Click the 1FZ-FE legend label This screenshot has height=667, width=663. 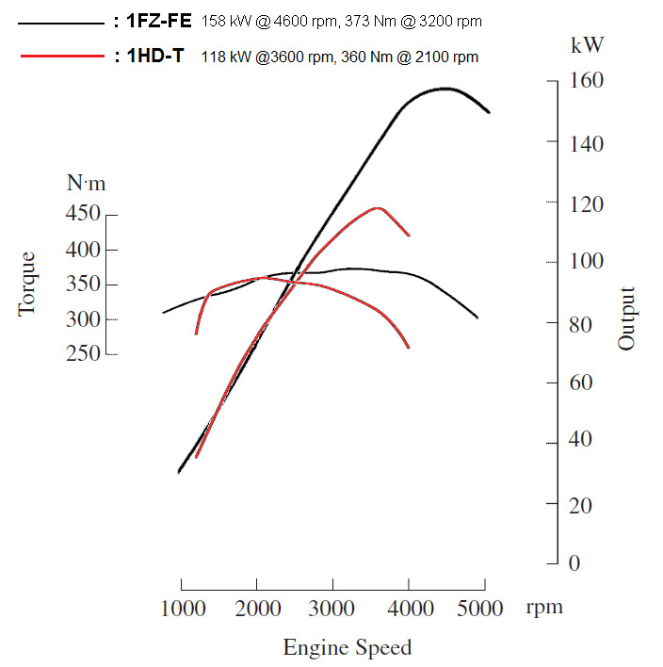click(159, 21)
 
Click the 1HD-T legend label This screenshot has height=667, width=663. click(155, 57)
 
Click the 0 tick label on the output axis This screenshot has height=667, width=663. click(574, 562)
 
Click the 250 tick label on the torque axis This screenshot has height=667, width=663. click(84, 353)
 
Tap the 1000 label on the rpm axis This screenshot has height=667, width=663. click(180, 608)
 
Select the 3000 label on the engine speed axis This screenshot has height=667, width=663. click(331, 608)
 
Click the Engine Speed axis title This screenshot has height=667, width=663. click(347, 648)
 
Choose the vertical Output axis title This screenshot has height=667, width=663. click(626, 318)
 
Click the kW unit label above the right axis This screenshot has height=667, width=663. click(588, 44)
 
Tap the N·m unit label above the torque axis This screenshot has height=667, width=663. click(87, 184)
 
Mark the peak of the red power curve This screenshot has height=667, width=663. click(378, 207)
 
